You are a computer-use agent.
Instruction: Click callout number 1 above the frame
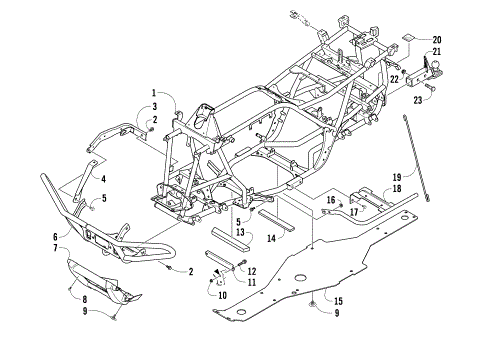(x=155, y=93)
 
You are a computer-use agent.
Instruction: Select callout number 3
(x=155, y=107)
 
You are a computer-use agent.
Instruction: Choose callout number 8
(x=84, y=299)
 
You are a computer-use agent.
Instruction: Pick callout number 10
(x=223, y=295)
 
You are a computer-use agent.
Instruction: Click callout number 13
(x=240, y=232)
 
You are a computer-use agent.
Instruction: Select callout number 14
(x=272, y=239)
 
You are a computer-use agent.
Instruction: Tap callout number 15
(x=338, y=300)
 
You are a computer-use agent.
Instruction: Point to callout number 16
(x=327, y=200)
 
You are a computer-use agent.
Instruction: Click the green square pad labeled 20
(x=409, y=42)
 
